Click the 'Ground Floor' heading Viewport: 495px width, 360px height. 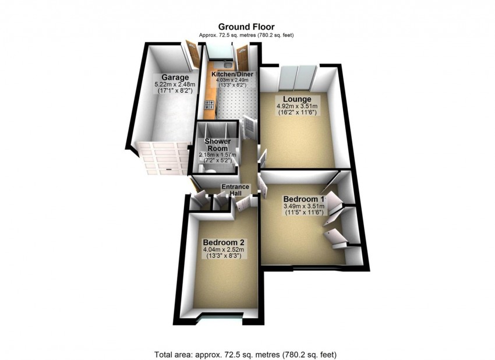(246, 26)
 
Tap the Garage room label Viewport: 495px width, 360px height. (175, 77)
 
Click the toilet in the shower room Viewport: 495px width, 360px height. (209, 171)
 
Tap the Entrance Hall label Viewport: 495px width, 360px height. (235, 190)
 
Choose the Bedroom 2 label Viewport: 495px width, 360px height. (223, 242)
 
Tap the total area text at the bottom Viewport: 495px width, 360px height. (246, 354)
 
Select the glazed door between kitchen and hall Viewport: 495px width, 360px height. (249, 128)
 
